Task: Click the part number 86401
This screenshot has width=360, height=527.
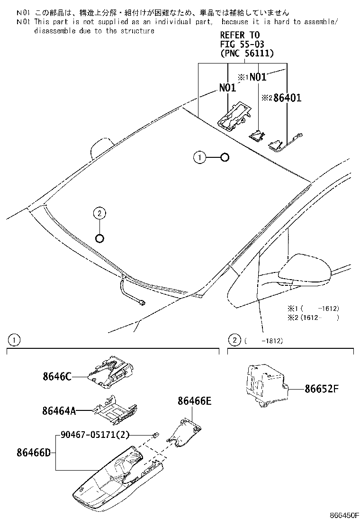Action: pyautogui.click(x=288, y=98)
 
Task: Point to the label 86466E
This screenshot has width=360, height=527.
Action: pyautogui.click(x=194, y=401)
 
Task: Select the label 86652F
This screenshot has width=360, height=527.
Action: pyautogui.click(x=322, y=389)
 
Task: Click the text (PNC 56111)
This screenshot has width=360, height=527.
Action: pyautogui.click(x=247, y=54)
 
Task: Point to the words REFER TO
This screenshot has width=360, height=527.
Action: pyautogui.click(x=240, y=36)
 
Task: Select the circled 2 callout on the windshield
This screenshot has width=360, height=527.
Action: pyautogui.click(x=99, y=214)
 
